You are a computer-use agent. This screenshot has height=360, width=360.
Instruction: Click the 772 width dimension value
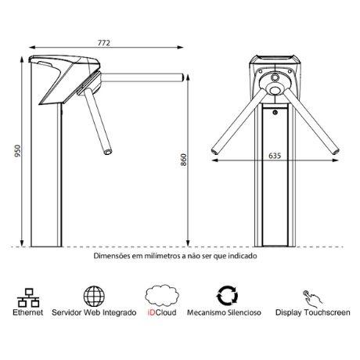pos(104,43)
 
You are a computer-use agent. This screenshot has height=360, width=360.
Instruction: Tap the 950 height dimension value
pos(17,151)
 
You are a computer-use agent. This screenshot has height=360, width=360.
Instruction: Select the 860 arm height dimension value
pos(184,160)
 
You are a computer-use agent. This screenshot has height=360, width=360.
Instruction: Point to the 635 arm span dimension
pos(275,156)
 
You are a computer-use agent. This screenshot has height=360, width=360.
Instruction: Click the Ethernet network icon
pos(28,297)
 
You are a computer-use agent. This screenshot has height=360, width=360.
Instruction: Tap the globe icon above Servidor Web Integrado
pos(94,296)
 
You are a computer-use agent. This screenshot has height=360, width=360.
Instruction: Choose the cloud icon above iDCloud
pos(162,295)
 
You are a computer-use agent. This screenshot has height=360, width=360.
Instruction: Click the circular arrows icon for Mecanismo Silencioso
pos(227,296)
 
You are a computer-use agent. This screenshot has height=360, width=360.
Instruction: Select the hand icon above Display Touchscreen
pos(312,298)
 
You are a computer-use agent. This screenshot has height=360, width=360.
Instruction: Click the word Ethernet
pos(28,312)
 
